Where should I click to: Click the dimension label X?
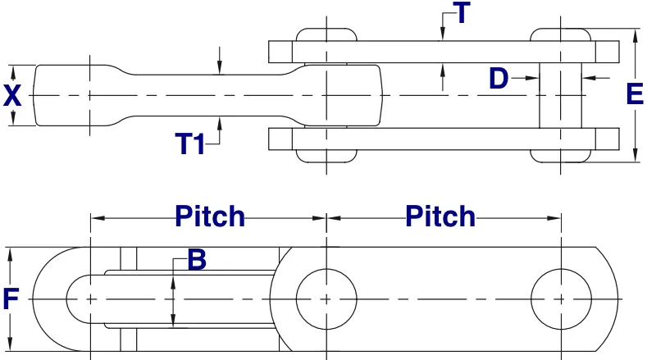click(11, 96)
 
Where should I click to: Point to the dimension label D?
click(499, 79)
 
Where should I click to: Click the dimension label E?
click(635, 95)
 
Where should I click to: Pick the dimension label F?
click(11, 299)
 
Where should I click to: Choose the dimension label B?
click(197, 261)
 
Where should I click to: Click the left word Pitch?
click(210, 216)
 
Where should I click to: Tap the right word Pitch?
click(440, 216)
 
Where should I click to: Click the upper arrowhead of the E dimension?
click(636, 35)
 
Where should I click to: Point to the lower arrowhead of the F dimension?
click(11, 344)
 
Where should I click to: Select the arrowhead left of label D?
click(534, 79)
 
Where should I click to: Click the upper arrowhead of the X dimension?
click(12, 70)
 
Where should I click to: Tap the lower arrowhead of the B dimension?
click(173, 323)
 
